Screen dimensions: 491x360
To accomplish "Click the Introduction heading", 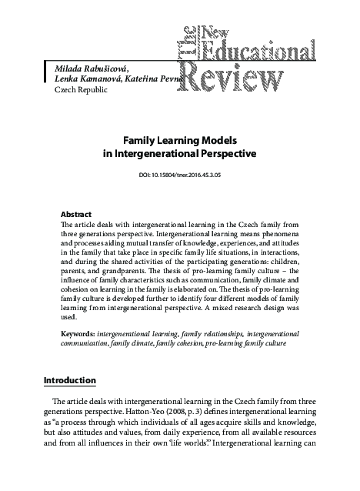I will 70,380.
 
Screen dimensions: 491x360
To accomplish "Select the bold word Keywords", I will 78,335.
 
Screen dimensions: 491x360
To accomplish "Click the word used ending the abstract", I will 68,316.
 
